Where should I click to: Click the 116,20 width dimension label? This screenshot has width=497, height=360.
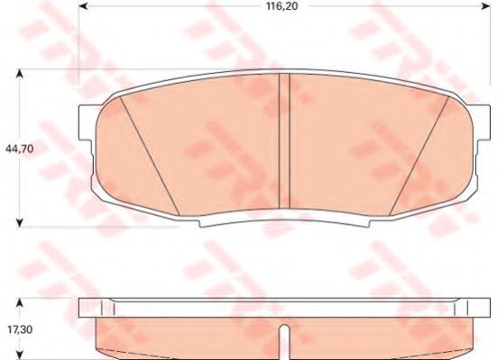click(281, 6)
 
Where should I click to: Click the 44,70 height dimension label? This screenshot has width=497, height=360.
click(19, 149)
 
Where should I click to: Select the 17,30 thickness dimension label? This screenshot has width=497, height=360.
click(19, 330)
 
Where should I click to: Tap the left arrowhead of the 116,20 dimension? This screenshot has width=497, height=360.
click(83, 6)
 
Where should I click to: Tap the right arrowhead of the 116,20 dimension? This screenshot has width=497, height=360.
click(486, 6)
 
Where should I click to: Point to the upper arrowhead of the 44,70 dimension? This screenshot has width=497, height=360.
click(20, 74)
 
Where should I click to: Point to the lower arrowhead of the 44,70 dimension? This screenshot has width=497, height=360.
click(20, 223)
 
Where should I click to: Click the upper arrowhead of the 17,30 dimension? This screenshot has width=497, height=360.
click(20, 303)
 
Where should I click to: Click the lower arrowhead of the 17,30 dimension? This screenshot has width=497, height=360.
click(20, 355)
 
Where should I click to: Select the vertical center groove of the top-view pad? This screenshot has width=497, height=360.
click(284, 141)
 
